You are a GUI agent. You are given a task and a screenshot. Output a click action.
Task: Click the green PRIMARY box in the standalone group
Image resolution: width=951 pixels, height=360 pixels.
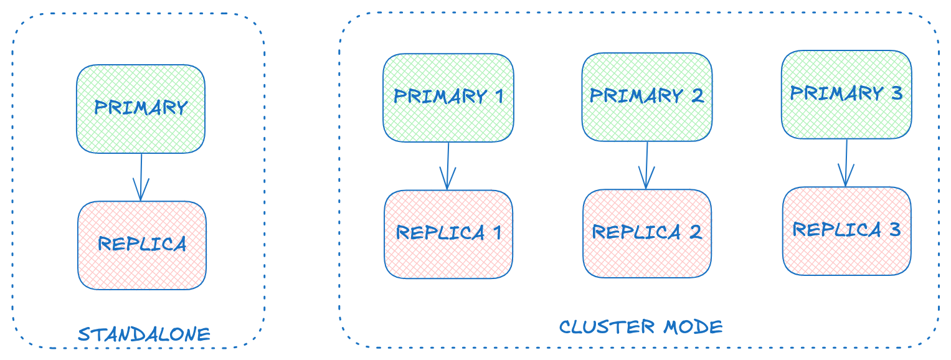[141, 108]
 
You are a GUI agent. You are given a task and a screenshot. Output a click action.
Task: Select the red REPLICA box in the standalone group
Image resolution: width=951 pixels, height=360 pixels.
[142, 245]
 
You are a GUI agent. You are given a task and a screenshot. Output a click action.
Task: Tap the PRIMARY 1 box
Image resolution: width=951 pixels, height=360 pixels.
[448, 97]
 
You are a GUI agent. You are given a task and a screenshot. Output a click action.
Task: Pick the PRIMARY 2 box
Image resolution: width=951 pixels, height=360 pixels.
[647, 97]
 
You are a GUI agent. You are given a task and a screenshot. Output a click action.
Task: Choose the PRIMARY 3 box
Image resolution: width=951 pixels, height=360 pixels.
[846, 94]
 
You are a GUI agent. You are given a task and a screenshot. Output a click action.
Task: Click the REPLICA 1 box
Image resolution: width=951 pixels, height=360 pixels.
[448, 234]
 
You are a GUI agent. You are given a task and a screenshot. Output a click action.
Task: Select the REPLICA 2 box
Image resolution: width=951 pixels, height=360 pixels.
[647, 233]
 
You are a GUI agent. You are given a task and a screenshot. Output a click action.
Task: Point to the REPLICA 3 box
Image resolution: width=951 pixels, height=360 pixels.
[846, 230]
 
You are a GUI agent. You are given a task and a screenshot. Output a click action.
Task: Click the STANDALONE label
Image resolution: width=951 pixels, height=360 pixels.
[144, 334]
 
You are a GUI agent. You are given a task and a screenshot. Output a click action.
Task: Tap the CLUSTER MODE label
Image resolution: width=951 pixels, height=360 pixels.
[641, 327]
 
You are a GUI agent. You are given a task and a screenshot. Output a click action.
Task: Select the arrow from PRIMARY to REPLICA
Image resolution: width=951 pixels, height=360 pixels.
[141, 177]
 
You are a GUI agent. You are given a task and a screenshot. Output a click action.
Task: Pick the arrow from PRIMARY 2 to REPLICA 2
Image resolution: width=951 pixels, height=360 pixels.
[646, 165]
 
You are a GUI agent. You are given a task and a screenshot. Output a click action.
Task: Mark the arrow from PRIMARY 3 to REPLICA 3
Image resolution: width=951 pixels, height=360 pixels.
[846, 163]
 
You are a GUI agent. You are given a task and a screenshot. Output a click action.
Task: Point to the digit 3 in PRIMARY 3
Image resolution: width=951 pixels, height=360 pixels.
[896, 93]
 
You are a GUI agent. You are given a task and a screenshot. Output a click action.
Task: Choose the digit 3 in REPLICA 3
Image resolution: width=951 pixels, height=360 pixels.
[894, 230]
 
